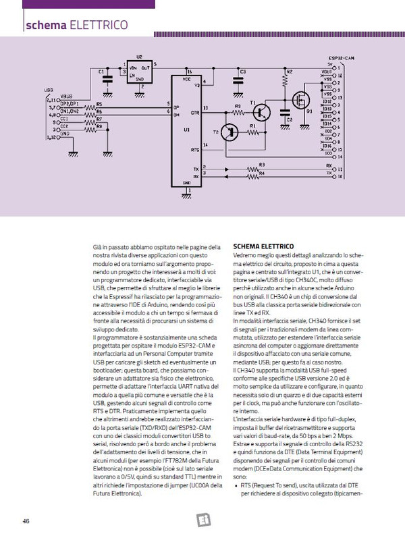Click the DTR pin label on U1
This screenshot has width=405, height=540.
coord(195,113)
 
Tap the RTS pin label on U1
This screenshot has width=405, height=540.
coord(195,150)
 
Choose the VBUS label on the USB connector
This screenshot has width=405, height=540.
coord(67,96)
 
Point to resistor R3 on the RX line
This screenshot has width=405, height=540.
coord(261,169)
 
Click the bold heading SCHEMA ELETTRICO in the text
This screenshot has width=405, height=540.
coord(263,247)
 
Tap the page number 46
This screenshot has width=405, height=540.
coord(26,520)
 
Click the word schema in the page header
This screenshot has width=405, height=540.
coord(45,26)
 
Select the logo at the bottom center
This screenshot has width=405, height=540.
coord(202,520)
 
